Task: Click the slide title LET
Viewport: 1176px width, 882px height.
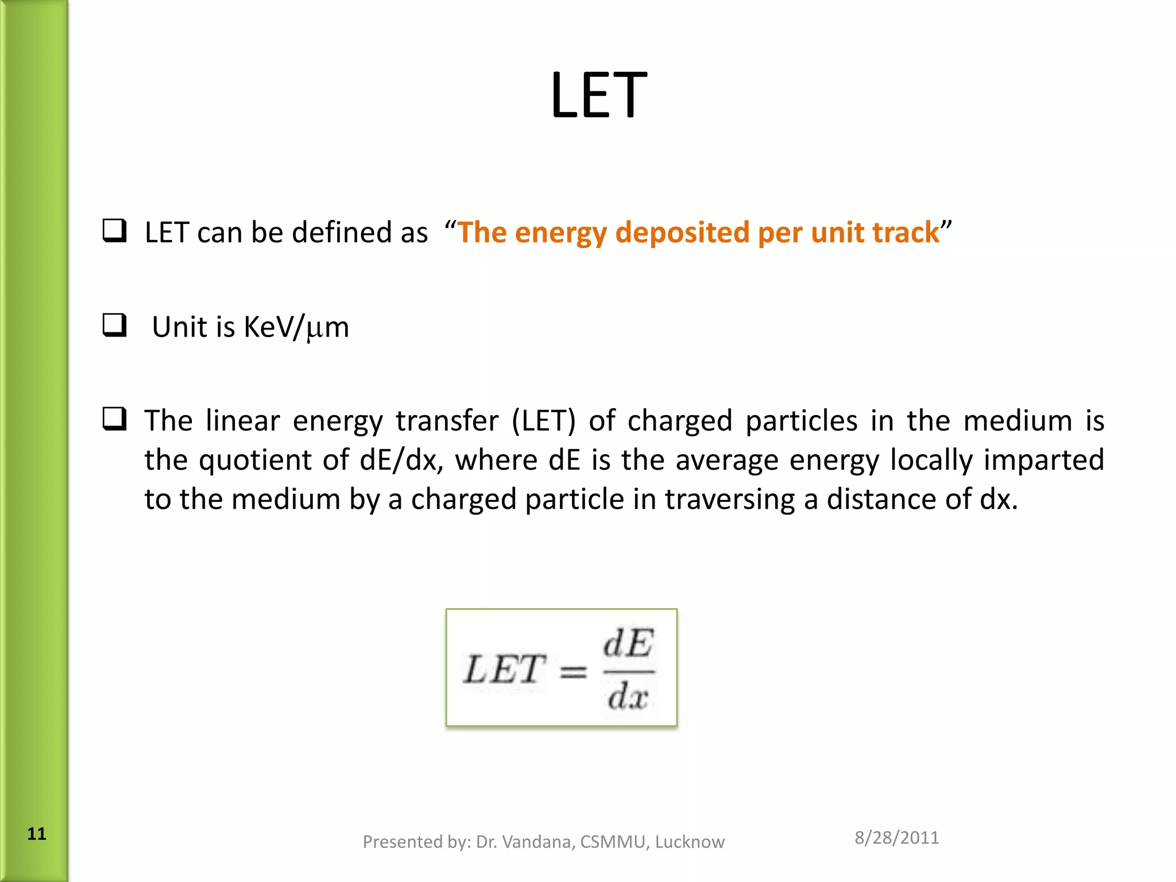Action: coord(598,95)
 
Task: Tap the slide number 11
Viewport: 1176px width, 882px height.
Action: coord(37,834)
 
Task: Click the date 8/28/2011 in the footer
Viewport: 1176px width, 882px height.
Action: coord(896,838)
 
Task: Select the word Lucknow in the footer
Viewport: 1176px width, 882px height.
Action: coord(690,842)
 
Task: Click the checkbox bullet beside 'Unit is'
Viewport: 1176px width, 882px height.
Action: coord(114,325)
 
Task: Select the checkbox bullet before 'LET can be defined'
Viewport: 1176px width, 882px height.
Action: coord(114,231)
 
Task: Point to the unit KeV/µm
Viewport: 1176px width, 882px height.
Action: coord(296,327)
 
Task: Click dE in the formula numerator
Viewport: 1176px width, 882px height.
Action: coord(628,643)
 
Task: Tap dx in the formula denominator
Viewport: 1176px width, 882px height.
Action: coord(628,697)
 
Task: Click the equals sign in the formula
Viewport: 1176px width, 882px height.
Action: coord(573,671)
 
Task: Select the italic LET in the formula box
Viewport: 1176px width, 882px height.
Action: coord(504,670)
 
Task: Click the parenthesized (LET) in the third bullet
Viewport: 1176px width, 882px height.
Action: coord(543,421)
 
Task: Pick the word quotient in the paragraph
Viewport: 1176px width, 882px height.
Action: coord(254,460)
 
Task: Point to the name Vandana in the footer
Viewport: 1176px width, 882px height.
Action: coord(538,842)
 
